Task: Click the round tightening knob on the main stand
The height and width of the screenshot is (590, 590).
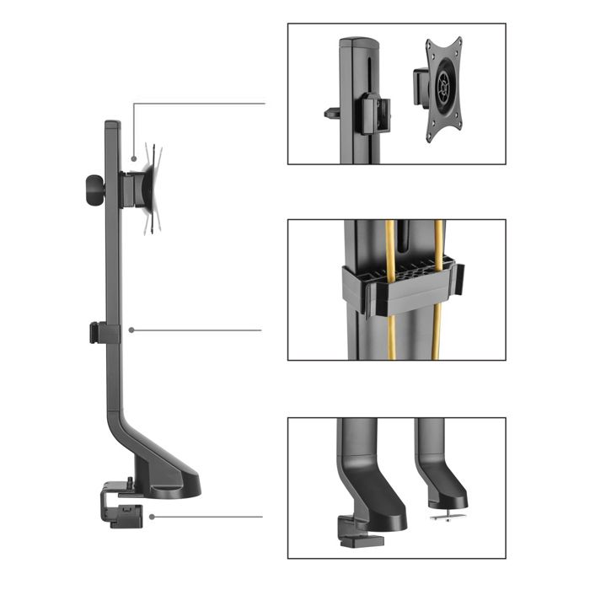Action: [x=92, y=190]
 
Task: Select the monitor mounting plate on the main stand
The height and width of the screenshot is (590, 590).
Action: [x=151, y=186]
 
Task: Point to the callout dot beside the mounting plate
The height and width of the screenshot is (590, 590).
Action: [x=134, y=158]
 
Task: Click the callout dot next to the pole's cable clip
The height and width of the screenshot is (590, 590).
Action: [x=131, y=330]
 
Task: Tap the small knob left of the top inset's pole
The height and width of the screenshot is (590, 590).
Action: [x=330, y=111]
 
